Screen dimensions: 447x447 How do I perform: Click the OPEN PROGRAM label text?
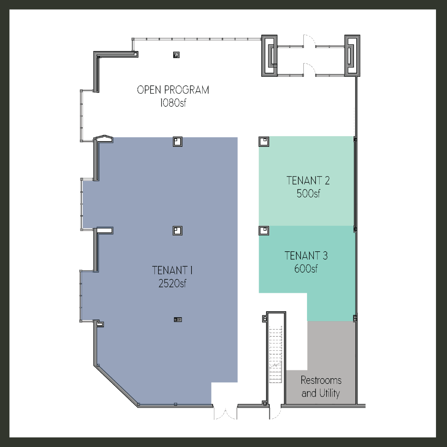coord(173,90)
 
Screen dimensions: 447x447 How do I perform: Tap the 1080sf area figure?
coord(173,103)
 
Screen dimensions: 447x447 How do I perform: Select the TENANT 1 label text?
coord(172,270)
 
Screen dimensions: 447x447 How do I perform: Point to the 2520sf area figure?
coord(172,283)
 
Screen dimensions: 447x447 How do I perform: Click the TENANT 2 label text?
coord(308,181)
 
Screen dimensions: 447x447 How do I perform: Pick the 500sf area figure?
coord(308,194)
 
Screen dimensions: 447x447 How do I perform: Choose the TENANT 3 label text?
coord(306,256)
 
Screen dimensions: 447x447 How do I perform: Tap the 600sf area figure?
coord(306,269)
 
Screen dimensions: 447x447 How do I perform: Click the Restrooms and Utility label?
coord(321,387)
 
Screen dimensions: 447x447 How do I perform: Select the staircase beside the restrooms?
coord(275,354)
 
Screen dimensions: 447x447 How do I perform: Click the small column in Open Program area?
coord(176,55)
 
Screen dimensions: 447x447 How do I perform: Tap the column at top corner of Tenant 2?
coord(264,141)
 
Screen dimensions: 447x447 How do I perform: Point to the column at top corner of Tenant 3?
coord(264,230)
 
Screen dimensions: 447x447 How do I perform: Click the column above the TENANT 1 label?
coord(177,230)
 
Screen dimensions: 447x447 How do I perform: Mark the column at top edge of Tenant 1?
coord(177,141)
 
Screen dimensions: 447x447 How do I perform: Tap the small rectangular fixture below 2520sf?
coord(178,320)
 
